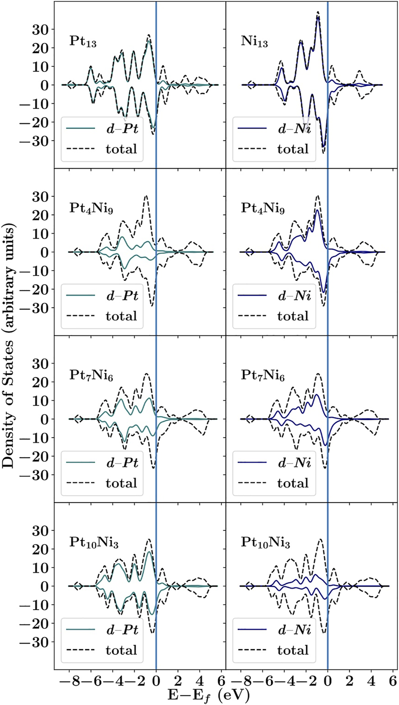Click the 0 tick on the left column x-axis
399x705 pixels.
tap(156, 680)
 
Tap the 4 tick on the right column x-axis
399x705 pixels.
tap(371, 680)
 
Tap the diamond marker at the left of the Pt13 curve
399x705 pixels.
tap(70, 85)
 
